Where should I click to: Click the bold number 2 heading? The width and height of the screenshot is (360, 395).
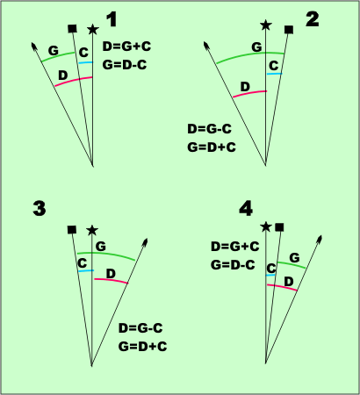(312, 18)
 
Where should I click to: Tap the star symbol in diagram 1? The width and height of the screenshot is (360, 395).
(93, 29)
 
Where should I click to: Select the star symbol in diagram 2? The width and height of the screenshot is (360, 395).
(266, 25)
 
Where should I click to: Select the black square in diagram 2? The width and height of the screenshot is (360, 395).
(289, 29)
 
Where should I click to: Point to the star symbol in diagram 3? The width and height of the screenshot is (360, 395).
(92, 230)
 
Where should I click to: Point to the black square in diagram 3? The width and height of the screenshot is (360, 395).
(72, 230)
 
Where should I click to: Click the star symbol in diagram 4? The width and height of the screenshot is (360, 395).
(266, 227)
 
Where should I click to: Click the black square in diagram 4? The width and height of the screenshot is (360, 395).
(279, 227)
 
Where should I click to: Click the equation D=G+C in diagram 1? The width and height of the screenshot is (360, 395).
(125, 46)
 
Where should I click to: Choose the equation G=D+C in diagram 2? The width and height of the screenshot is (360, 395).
(212, 147)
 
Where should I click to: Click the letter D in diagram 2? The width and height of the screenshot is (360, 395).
(245, 85)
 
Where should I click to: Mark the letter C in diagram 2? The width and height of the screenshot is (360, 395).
(274, 66)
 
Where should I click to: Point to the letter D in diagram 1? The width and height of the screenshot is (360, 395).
(61, 75)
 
